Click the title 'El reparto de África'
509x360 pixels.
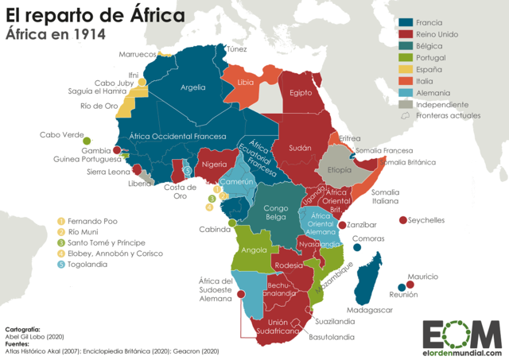pos(96,15)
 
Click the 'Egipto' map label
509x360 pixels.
pos(300,93)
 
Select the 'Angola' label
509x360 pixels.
pos(253,250)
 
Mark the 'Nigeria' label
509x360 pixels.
pos(215,165)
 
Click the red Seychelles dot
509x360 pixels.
pos(403,220)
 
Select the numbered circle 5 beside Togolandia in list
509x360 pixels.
pos(60,264)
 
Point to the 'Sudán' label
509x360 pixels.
pos(299,148)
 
